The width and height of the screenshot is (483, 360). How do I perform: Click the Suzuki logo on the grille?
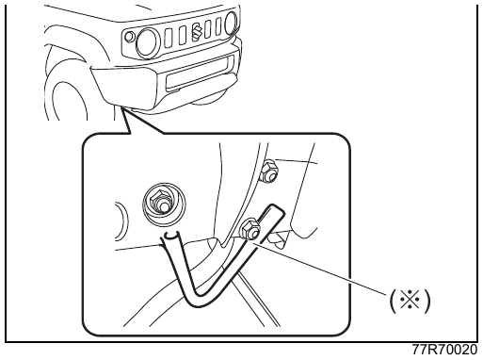click(197, 31)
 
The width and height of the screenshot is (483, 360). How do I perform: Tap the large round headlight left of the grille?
click(148, 42)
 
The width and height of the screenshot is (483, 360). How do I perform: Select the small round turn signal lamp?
click(129, 37)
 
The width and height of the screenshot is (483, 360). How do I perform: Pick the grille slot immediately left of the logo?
click(183, 36)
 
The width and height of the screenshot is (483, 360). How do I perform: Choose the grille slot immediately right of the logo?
click(208, 29)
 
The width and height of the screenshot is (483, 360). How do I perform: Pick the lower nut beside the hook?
click(250, 228)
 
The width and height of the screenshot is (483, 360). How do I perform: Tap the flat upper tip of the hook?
click(277, 208)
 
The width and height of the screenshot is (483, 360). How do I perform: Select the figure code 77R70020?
click(445, 351)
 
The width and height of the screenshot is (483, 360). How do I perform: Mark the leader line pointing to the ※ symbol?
click(322, 268)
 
